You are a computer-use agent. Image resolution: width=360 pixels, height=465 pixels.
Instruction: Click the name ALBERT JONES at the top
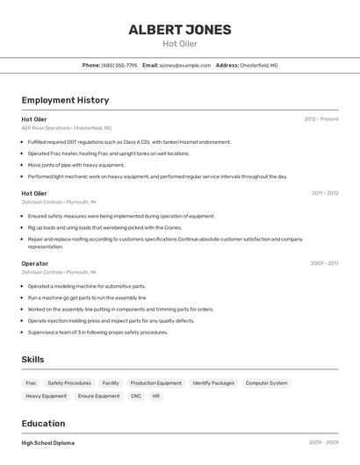180,30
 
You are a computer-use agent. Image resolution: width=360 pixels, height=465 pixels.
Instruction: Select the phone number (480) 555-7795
119,65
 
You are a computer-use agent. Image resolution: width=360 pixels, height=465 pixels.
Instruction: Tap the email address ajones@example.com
185,65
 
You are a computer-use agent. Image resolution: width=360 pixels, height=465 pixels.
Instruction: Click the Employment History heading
65,101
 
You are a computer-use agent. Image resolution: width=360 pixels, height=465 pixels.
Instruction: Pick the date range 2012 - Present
320,118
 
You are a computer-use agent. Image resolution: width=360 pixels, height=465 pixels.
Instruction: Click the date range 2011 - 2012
324,193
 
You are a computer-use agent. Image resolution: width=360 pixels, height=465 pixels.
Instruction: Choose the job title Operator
35,263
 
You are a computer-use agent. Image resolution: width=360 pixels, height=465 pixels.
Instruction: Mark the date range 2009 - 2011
324,263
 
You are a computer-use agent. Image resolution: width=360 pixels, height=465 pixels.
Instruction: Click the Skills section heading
33,360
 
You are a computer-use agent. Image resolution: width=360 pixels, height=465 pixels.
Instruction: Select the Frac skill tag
31,383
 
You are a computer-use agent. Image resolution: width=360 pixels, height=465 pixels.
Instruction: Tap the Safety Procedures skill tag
69,383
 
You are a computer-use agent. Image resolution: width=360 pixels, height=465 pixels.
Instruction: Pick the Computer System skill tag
266,383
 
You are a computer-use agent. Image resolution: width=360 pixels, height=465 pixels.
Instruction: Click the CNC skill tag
135,397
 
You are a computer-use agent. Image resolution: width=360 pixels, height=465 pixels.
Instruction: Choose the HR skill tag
156,397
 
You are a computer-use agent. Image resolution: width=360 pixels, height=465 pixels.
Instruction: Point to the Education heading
43,423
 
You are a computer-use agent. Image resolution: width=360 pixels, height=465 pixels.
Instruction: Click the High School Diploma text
48,443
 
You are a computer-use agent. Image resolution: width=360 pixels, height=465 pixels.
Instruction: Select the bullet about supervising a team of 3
97,333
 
